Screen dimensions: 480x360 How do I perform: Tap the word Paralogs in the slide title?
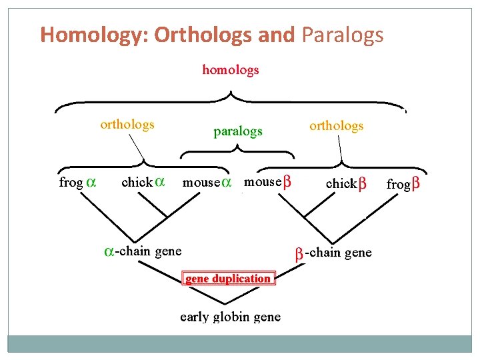tap(343, 34)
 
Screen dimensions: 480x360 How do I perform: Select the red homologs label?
tap(231, 69)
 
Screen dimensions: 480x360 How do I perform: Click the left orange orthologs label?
tap(127, 124)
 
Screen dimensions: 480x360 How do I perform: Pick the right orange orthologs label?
tap(337, 125)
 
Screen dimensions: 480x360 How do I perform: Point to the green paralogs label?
tap(238, 131)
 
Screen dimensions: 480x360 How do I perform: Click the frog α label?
tap(77, 182)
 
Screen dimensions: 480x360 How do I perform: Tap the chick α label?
tap(143, 181)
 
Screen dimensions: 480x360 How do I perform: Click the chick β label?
tap(346, 183)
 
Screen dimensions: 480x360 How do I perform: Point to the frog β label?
tap(403, 183)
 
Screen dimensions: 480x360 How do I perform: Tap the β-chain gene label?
tap(333, 253)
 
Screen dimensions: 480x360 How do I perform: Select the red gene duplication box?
tap(227, 279)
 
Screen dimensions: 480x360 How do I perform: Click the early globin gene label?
tap(231, 317)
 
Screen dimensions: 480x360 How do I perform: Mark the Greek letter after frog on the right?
tap(416, 183)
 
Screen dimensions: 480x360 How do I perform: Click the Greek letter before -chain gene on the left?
tap(109, 252)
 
